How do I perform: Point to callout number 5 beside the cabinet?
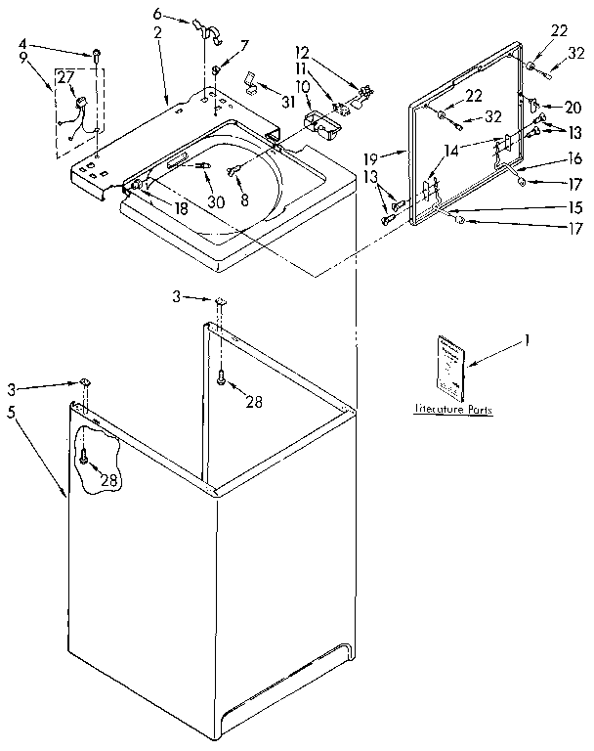[x=12, y=412]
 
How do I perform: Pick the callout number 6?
[x=157, y=14]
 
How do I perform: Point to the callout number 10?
[x=303, y=86]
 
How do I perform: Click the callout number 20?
[x=573, y=107]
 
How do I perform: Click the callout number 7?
[x=244, y=44]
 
